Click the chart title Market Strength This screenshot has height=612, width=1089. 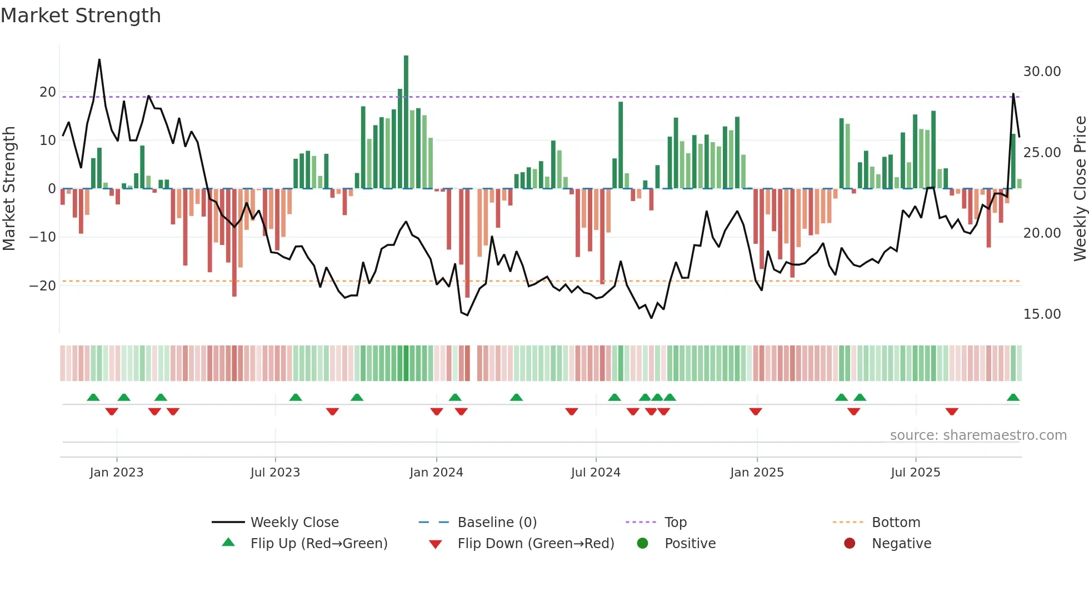click(81, 16)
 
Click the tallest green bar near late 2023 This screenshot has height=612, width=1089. click(406, 122)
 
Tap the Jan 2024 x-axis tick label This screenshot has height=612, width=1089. click(436, 473)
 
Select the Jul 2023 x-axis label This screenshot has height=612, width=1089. click(275, 473)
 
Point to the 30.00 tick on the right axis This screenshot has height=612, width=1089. click(1042, 72)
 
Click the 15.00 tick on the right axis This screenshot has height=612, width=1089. click(1042, 314)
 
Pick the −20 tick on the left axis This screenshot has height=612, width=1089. click(43, 286)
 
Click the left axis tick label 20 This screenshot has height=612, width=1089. click(48, 92)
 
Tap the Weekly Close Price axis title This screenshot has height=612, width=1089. click(1080, 189)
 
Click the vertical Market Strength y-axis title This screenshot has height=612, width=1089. click(9, 189)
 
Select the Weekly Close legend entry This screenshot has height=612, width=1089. click(294, 523)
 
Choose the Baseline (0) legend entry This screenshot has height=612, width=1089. click(497, 523)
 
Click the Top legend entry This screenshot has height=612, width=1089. click(676, 523)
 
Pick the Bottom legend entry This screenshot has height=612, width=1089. click(896, 523)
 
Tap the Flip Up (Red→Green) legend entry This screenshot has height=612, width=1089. click(319, 544)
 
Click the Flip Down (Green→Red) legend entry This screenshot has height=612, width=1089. click(536, 544)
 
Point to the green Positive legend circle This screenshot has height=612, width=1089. click(643, 543)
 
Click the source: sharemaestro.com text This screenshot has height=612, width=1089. click(978, 435)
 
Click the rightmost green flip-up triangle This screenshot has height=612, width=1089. click(1013, 398)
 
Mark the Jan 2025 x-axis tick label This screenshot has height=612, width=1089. click(757, 473)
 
